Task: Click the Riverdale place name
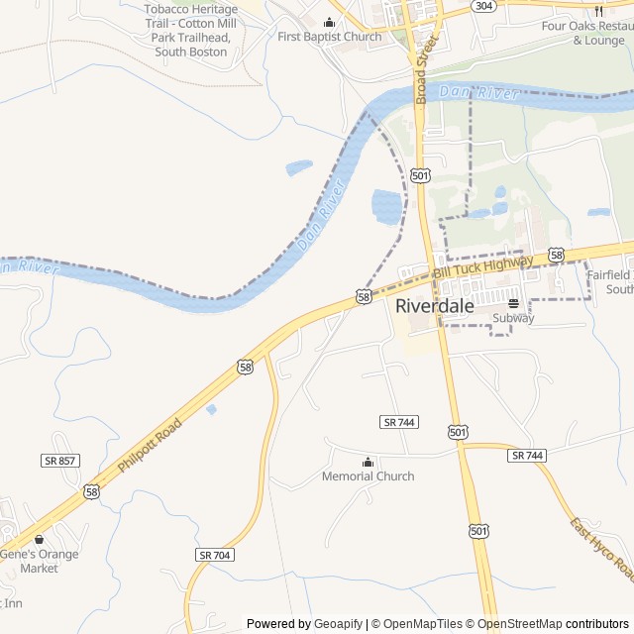coord(434,306)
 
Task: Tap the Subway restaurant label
coord(513,319)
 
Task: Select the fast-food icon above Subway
coord(513,303)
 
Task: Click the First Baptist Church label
coord(329,38)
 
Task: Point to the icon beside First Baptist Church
coord(330,23)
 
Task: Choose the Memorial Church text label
coord(369,476)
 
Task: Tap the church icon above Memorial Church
coord(369,462)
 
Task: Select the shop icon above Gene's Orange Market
coord(40,540)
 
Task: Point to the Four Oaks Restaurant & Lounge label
coord(583,33)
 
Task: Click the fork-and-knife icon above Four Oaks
coord(598,11)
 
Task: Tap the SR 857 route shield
coord(60,461)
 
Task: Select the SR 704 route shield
coord(214,555)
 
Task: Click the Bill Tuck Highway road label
coord(482,265)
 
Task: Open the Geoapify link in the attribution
coord(338,624)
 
